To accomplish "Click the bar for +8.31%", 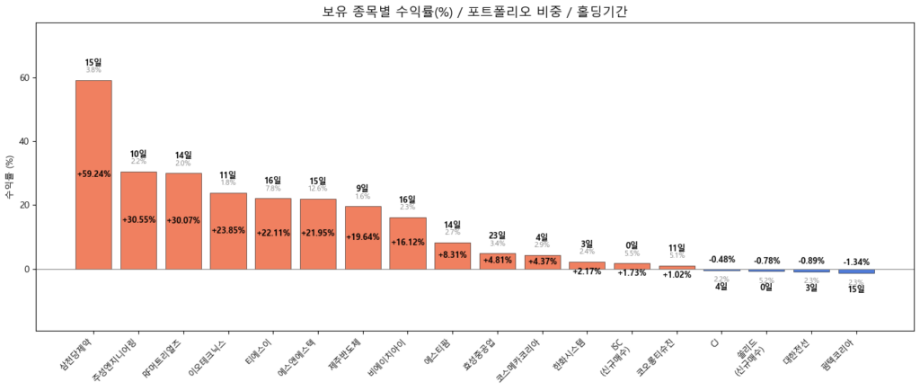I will [452, 256].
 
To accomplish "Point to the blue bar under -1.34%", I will [856, 271].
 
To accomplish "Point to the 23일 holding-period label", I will [497, 235].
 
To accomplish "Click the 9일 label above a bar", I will [363, 188].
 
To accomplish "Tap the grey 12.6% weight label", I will [318, 189].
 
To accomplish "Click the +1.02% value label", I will [677, 274].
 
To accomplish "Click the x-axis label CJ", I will [715, 342].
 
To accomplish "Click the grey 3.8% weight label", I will [93, 70].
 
